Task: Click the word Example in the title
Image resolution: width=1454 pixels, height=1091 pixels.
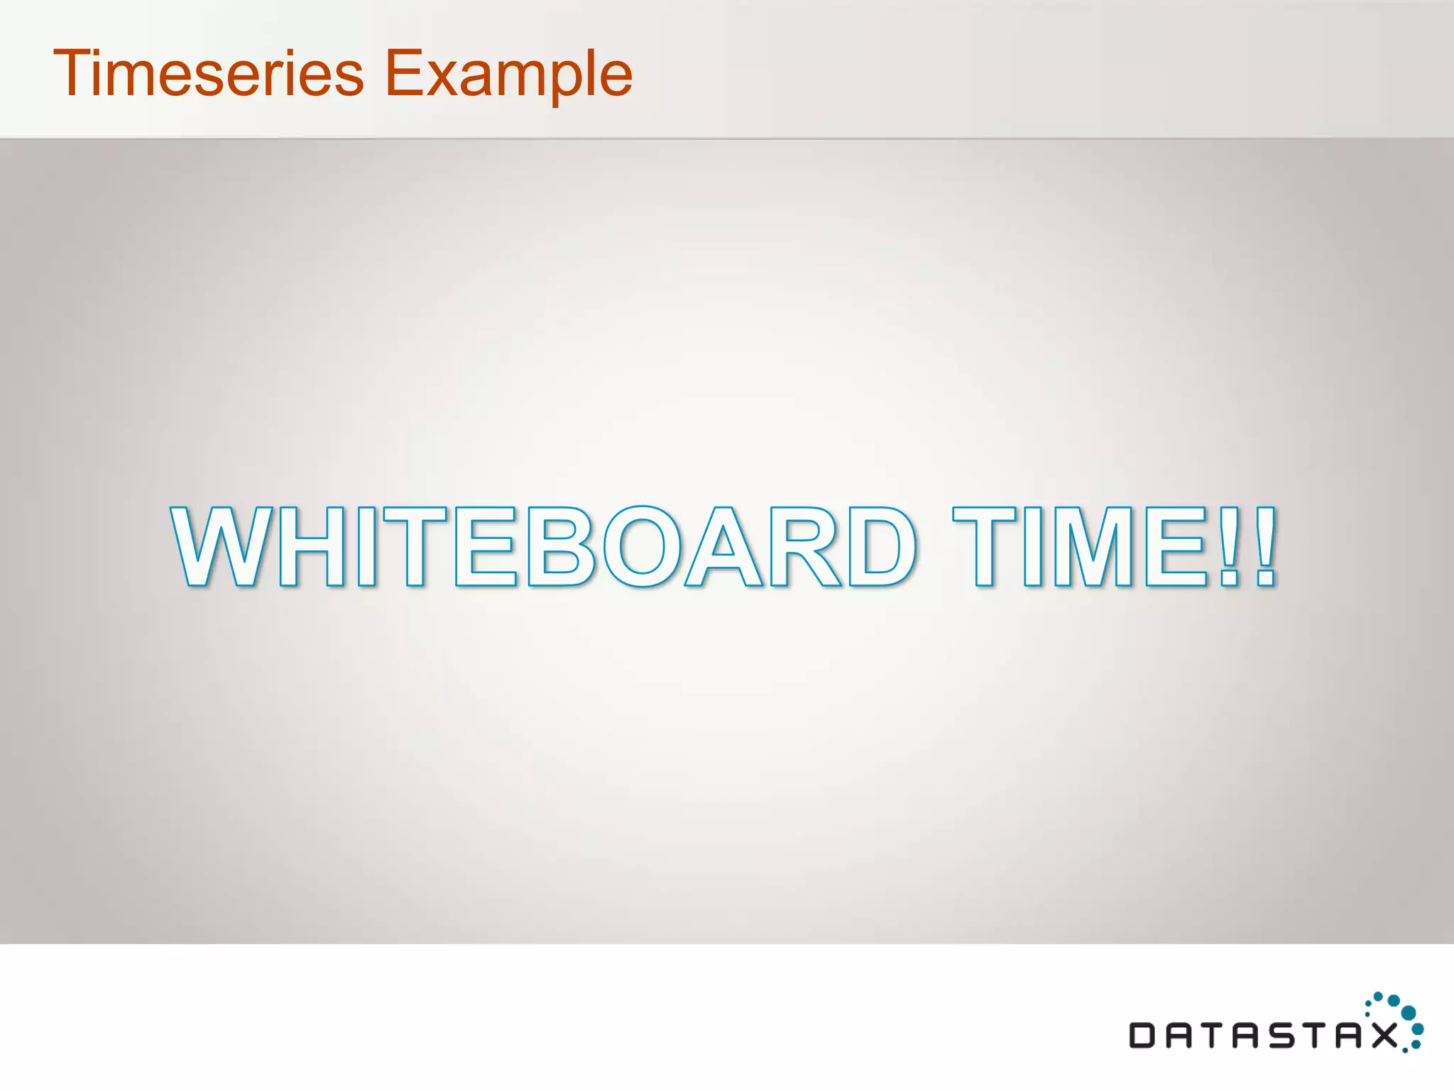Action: (x=508, y=74)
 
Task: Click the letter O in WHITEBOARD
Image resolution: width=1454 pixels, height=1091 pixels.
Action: (x=643, y=546)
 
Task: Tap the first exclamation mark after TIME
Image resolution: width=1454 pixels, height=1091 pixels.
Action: (x=1229, y=546)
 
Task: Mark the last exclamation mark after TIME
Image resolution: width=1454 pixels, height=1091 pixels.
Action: (x=1266, y=546)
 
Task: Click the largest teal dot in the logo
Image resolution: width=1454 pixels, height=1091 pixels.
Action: (x=1409, y=1012)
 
